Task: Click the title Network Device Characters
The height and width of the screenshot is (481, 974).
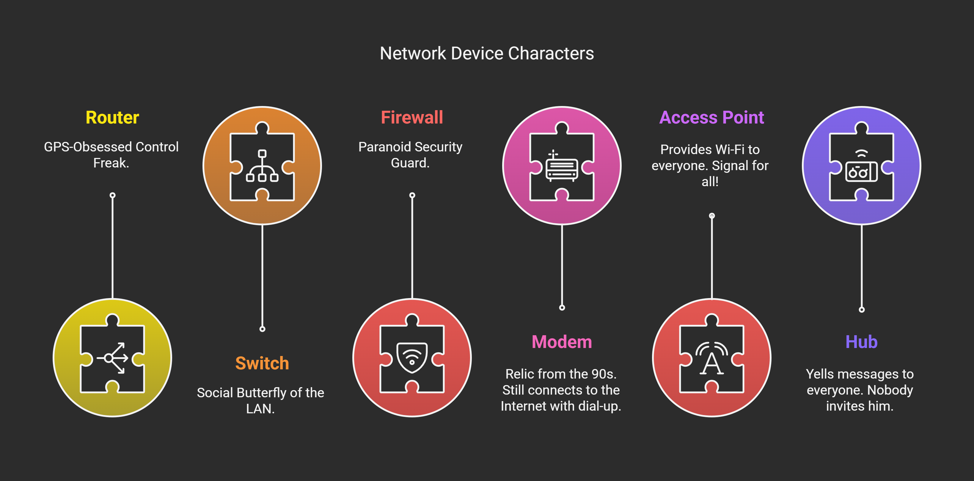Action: [487, 53]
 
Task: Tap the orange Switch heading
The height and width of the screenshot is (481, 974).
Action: [262, 363]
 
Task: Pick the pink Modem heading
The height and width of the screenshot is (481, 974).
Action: [562, 342]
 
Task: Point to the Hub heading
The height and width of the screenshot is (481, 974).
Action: [861, 342]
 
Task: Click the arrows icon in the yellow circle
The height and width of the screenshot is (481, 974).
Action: [112, 358]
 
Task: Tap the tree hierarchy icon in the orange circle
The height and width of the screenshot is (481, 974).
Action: [262, 166]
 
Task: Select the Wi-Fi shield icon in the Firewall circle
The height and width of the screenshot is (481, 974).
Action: [412, 357]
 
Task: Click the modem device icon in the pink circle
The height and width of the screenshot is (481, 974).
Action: [562, 168]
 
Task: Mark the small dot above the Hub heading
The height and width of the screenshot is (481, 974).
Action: [862, 310]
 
